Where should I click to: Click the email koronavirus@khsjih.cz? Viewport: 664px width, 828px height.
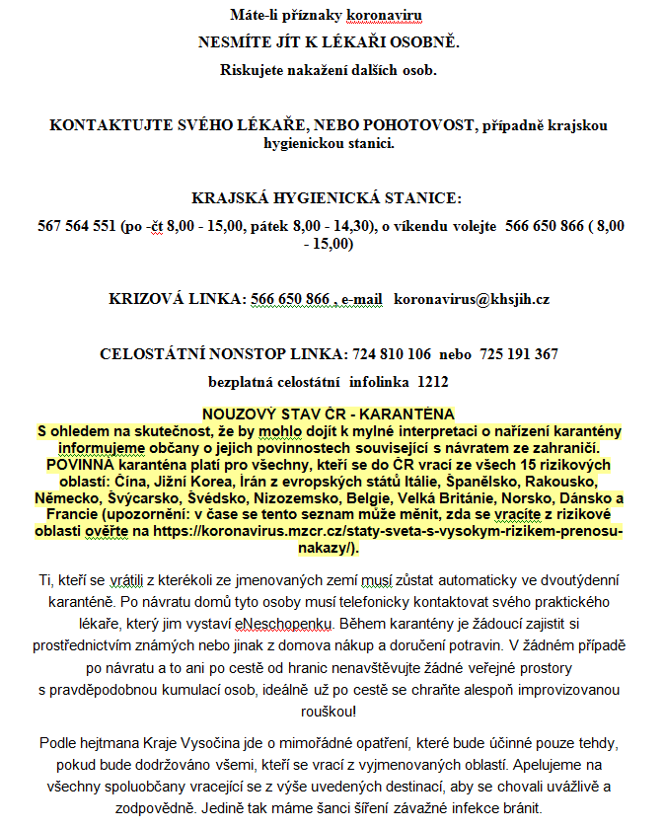click(x=472, y=298)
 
